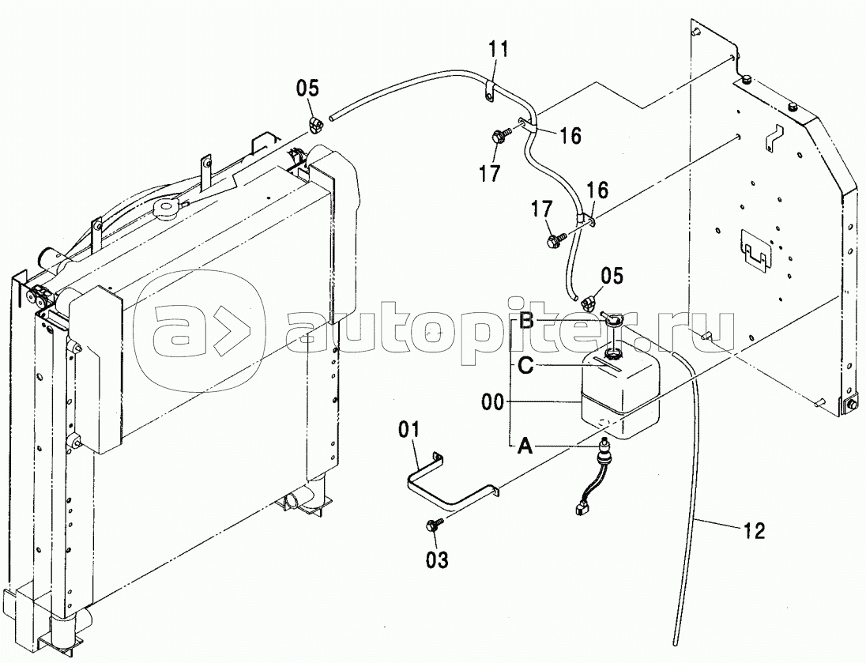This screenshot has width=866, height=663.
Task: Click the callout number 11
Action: click(497, 51)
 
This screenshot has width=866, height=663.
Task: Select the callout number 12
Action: click(753, 531)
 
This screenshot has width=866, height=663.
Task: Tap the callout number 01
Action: click(409, 430)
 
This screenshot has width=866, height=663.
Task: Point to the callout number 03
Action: click(437, 559)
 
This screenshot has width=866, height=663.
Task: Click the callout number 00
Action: click(492, 402)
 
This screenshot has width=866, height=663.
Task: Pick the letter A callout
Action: click(525, 446)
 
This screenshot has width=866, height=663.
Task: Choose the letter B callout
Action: click(525, 321)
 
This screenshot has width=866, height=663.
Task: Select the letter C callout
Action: click(525, 365)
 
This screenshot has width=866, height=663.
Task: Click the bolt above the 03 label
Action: click(433, 526)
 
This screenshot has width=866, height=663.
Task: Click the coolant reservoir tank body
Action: click(620, 391)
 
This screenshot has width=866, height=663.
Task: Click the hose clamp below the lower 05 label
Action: click(589, 302)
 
